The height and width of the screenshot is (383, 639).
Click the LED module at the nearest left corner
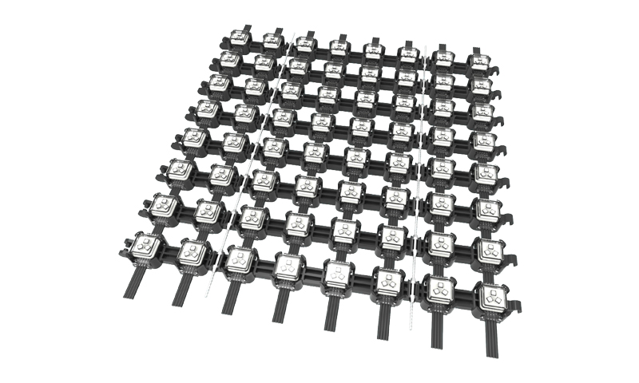point(145,249)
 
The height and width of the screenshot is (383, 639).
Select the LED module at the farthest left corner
point(240,37)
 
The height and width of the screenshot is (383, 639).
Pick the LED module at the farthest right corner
point(478,59)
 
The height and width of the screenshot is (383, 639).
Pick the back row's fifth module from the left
point(372,49)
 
